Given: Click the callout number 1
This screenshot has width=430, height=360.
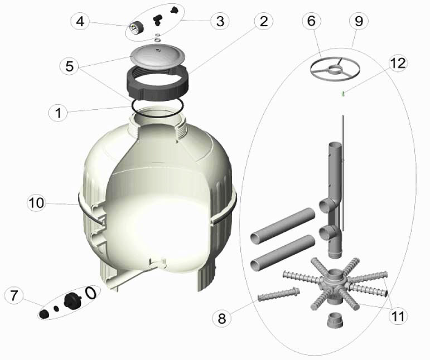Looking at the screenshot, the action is (x=58, y=113).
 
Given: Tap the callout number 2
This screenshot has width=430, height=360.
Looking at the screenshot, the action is (x=264, y=21).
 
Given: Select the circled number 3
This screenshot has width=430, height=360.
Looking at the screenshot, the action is (x=220, y=21).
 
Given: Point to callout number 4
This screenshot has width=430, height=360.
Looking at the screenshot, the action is (x=80, y=21).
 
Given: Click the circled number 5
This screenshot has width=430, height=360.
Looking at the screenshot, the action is (x=70, y=66).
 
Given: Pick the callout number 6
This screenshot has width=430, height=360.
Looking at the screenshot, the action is (x=312, y=21).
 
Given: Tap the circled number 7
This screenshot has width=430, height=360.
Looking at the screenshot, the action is (x=14, y=295).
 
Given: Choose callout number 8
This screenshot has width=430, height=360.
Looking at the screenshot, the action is (x=221, y=318).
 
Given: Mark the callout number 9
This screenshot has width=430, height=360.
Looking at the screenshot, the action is (x=359, y=21).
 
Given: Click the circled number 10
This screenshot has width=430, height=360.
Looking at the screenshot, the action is (x=36, y=203).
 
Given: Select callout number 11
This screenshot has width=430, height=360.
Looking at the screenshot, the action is (x=398, y=316).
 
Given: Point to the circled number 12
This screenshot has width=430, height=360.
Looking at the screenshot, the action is (x=398, y=63).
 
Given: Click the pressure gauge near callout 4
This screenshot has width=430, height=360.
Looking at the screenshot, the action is (x=136, y=27).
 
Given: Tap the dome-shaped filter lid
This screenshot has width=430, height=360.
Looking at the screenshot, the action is (x=158, y=56).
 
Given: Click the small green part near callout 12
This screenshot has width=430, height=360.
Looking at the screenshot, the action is (x=343, y=94).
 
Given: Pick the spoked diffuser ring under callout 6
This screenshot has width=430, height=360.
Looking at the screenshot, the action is (x=335, y=67).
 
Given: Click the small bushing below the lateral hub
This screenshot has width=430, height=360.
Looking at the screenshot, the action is (x=335, y=320).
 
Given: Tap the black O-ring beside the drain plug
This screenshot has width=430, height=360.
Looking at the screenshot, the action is (x=91, y=293).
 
